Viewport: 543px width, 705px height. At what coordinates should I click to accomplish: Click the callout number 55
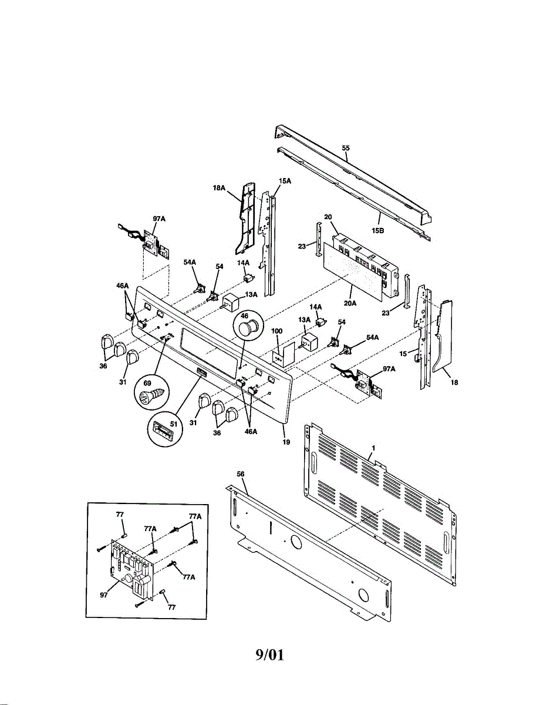[346, 149]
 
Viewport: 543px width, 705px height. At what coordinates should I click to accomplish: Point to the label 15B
[377, 231]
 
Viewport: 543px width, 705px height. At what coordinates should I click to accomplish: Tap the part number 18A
[219, 188]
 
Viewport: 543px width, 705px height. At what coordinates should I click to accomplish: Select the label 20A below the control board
[351, 304]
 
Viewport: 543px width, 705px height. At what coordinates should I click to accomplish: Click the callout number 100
[277, 332]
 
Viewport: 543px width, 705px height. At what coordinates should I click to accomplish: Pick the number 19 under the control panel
[286, 442]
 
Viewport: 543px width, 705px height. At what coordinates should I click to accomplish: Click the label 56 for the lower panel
[241, 474]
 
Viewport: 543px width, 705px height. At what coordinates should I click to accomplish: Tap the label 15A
[285, 181]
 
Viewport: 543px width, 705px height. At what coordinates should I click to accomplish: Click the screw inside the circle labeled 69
[150, 394]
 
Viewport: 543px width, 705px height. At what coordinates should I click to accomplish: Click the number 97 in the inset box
[104, 595]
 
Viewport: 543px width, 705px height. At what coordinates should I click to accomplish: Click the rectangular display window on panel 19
[212, 347]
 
